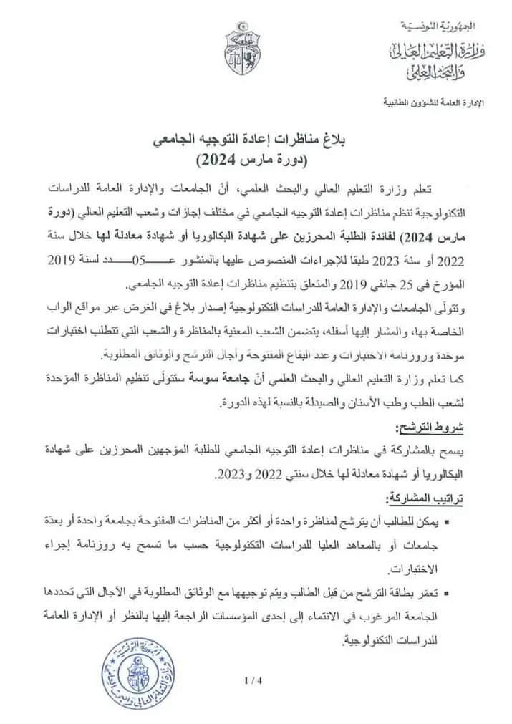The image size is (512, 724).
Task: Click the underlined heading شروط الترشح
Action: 428,429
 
